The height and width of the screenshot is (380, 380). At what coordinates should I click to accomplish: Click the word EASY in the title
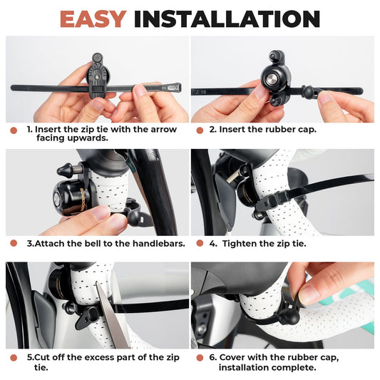93,19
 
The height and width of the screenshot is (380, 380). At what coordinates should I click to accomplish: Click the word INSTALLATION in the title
227,19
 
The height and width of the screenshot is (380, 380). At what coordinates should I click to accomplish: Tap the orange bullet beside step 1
13,130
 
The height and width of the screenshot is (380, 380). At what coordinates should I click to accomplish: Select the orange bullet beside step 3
13,244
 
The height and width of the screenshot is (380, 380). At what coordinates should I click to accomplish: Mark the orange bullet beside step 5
13,356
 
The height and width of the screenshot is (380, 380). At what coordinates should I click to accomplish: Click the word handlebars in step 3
158,244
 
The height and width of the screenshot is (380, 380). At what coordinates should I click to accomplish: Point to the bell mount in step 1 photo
97,76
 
